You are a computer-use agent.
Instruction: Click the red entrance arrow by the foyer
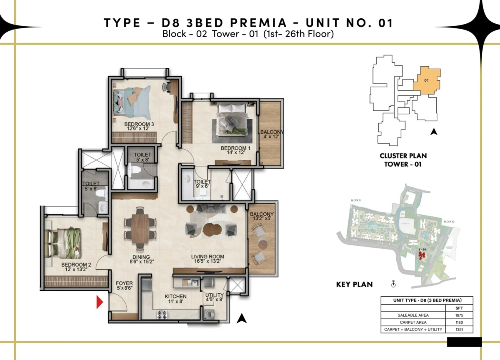pos(99,302)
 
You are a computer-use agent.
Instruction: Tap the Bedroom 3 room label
pos(139,124)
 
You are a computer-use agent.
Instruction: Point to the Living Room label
pos(207,257)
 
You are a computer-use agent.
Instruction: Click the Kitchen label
pos(175,297)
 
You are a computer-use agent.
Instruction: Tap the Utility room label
pos(214,296)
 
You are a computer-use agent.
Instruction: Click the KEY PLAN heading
pos(354,285)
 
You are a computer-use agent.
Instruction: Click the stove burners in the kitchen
pos(162,315)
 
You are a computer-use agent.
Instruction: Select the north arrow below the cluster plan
pos(434,132)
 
